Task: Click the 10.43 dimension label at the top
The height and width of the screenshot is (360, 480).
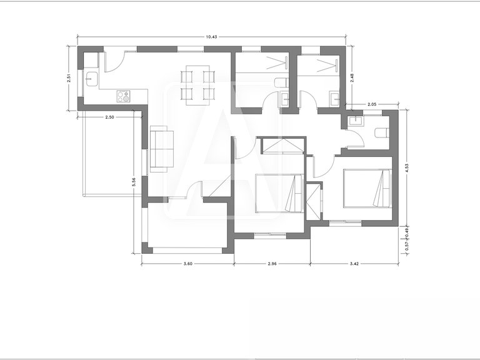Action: [x=211, y=37]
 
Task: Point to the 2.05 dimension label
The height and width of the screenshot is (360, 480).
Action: [x=372, y=104]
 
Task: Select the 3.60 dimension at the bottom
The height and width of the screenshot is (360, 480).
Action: [x=187, y=264]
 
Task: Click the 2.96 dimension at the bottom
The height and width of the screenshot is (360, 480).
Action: [x=272, y=264]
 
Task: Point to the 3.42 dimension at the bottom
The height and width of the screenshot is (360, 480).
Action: [x=354, y=264]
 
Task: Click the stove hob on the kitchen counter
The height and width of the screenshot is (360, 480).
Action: [x=124, y=96]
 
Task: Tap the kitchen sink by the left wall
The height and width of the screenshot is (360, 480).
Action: [x=91, y=79]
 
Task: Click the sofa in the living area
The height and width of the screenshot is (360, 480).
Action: [x=162, y=148]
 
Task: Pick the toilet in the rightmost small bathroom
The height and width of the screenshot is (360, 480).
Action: [x=381, y=132]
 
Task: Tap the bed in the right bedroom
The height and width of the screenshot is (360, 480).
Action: [x=366, y=187]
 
